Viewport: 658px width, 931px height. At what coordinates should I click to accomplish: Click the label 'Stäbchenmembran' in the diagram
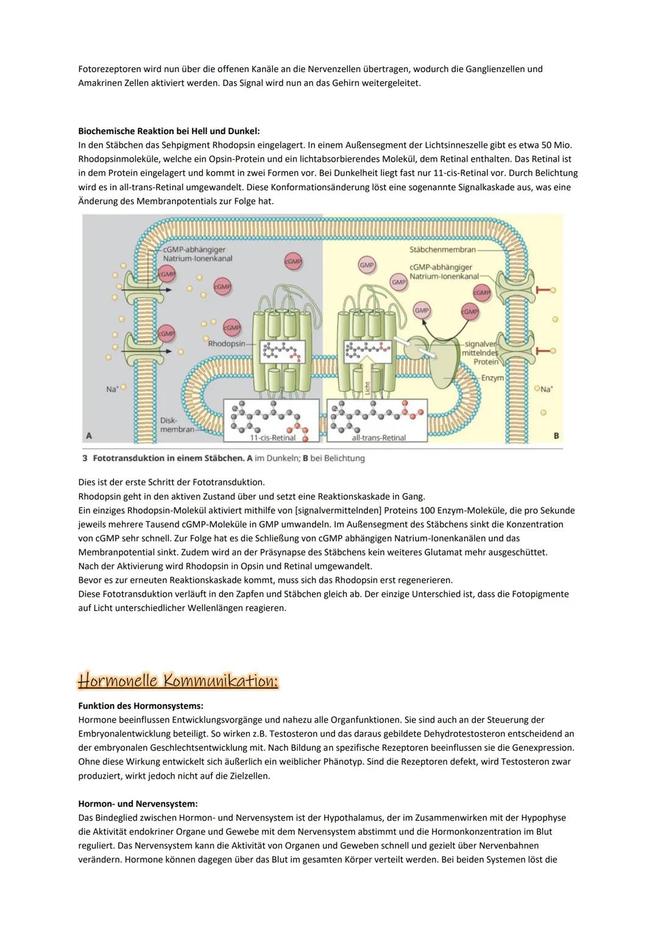442,249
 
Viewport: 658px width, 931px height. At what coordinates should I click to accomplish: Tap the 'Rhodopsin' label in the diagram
226,344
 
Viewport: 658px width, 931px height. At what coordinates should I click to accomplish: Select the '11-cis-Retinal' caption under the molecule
273,438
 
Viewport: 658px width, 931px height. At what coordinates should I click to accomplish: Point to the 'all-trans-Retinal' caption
378,438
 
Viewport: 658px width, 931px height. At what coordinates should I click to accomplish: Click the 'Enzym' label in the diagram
492,378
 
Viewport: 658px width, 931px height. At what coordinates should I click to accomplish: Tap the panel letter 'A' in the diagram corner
90,436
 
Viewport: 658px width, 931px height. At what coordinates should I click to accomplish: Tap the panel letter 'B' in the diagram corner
556,436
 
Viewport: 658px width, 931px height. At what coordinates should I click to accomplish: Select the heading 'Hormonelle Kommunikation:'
178,680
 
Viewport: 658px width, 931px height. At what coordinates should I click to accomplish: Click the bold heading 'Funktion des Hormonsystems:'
141,705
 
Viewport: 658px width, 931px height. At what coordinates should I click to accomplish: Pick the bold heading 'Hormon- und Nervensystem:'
138,804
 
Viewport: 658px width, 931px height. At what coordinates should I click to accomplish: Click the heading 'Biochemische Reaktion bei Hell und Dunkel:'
169,131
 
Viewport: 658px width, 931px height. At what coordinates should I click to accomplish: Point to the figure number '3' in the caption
85,458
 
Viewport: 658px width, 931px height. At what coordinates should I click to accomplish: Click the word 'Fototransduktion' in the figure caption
129,458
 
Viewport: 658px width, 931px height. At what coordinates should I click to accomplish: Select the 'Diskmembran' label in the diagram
171,425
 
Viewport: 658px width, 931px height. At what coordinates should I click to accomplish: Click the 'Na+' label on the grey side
112,389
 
